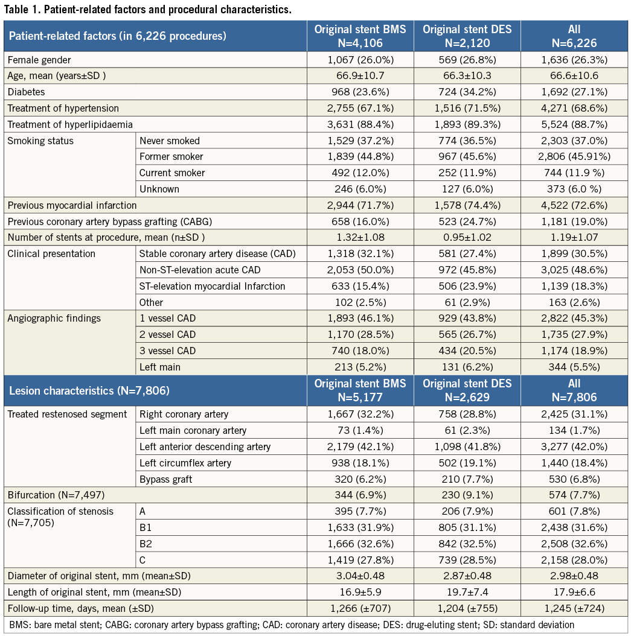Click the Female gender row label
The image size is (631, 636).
point(39,60)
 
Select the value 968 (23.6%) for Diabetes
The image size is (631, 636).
point(360,92)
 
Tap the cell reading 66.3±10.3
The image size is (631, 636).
point(467,76)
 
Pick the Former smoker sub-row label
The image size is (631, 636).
point(173,157)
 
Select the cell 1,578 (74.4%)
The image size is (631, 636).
point(467,205)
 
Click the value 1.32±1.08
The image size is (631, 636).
point(360,238)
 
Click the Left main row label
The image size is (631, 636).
point(160,366)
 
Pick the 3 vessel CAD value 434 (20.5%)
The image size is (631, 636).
point(467,351)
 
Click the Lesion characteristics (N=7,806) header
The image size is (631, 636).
point(89,390)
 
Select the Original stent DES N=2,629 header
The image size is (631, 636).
point(467,390)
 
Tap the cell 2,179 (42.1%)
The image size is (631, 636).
point(360,447)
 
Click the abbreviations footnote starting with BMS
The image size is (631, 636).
point(292,625)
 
